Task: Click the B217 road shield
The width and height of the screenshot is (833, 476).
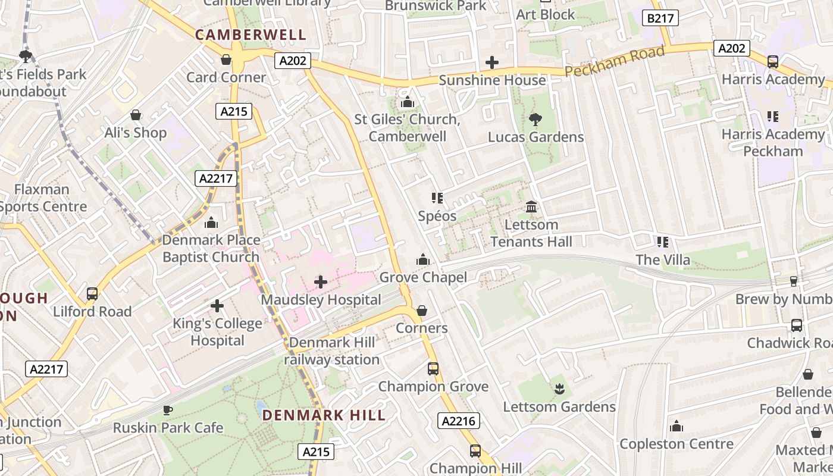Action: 660,18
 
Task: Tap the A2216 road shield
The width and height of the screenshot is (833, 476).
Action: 459,421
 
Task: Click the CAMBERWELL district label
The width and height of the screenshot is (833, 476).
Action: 250,35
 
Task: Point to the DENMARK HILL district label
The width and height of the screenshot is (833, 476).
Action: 324,415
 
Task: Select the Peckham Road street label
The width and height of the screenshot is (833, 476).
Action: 614,62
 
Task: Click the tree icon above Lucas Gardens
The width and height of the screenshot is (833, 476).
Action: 535,120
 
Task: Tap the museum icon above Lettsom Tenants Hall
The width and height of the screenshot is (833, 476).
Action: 531,207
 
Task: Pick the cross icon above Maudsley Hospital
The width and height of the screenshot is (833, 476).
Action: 321,281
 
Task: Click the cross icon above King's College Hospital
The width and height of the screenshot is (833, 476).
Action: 217,306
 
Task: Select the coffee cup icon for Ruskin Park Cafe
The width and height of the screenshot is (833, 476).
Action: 168,410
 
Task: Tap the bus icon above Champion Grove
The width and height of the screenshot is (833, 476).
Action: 433,369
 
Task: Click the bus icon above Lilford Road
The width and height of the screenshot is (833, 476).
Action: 92,294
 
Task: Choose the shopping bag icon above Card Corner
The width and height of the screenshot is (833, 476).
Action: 226,59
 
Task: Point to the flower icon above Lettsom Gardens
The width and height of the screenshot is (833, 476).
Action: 559,389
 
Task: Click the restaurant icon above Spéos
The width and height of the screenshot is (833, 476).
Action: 437,198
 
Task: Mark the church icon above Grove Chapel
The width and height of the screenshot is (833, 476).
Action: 423,259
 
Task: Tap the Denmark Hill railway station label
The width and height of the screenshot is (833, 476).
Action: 331,351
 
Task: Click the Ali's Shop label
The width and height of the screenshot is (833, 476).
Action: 136,132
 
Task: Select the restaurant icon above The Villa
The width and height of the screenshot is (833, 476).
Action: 663,242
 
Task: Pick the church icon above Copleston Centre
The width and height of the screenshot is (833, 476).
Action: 677,426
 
